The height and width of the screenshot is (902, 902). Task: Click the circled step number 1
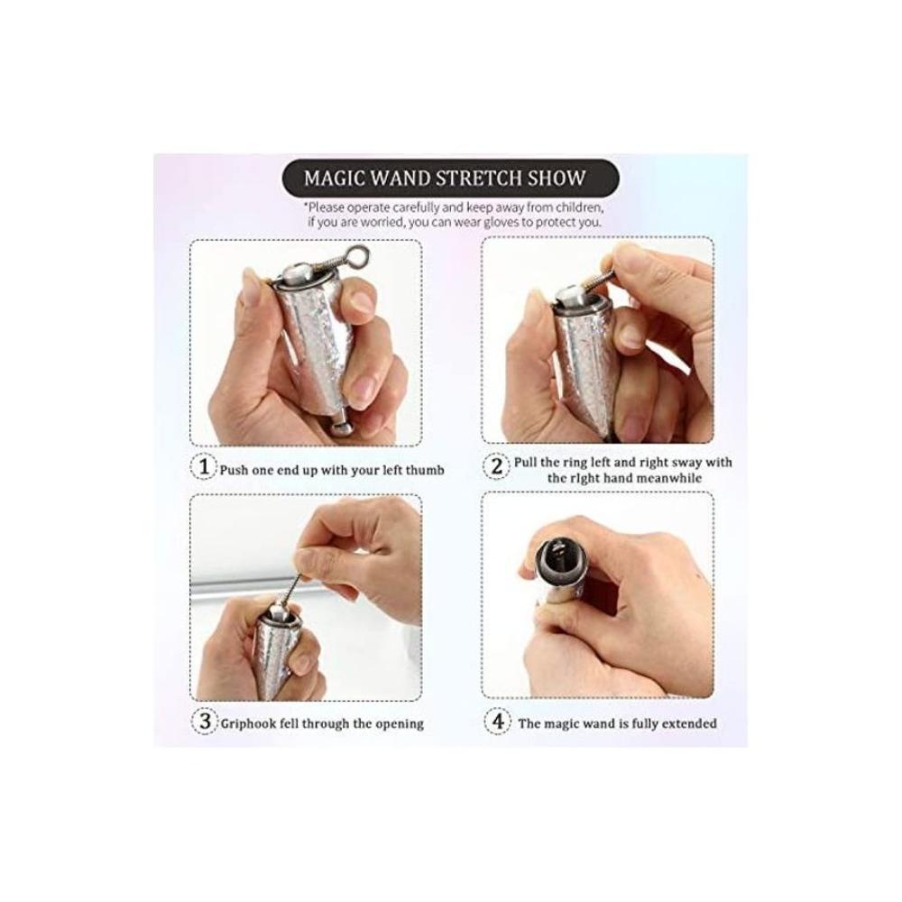pos(204,467)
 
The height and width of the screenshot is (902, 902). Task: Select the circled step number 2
pos(496,466)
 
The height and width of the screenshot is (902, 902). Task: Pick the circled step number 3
pos(204,722)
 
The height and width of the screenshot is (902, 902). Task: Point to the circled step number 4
pos(497,722)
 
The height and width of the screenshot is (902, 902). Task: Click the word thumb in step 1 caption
pos(425,471)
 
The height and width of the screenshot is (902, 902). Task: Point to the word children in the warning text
pos(580,207)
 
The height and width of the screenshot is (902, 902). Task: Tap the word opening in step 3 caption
pos(401,724)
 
